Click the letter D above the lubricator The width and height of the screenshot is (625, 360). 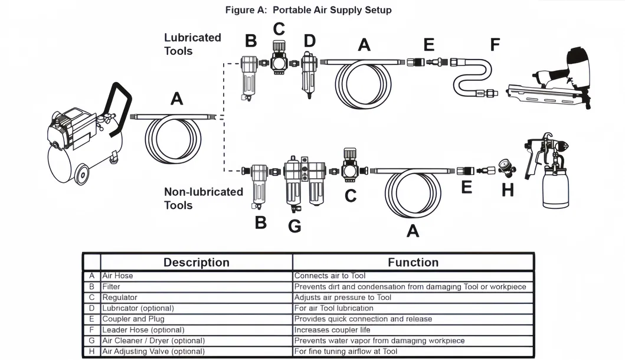(309, 41)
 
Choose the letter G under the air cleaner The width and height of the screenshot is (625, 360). (294, 225)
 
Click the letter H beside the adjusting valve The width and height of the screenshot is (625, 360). (507, 189)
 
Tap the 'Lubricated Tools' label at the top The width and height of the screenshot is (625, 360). (192, 44)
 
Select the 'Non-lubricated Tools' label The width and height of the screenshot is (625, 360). (203, 198)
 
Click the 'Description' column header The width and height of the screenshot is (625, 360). (196, 263)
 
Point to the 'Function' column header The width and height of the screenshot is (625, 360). (413, 263)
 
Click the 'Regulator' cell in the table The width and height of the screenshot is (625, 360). (119, 297)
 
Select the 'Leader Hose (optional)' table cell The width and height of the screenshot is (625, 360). (143, 330)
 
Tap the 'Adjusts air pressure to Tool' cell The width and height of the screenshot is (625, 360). (342, 297)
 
